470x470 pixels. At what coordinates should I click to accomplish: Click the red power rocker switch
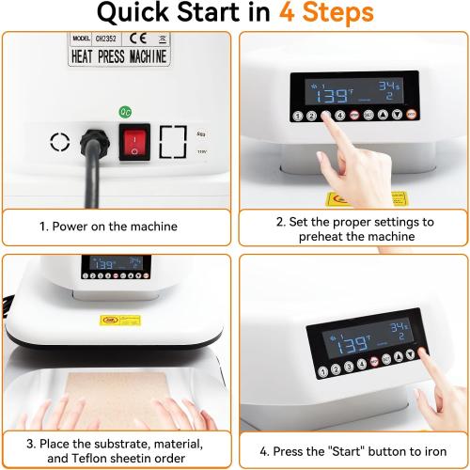[x=133, y=144]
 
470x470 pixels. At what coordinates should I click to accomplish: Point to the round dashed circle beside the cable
[x=60, y=143]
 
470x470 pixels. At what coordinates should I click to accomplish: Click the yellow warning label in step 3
[x=113, y=320]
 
